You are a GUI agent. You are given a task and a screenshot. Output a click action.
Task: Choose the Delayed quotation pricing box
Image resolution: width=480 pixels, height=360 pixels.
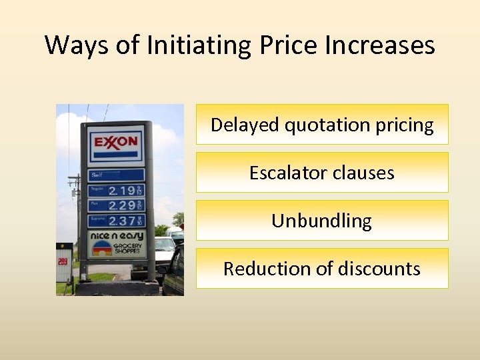(x=322, y=125)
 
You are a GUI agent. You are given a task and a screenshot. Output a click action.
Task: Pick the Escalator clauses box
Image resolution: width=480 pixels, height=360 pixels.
(x=322, y=173)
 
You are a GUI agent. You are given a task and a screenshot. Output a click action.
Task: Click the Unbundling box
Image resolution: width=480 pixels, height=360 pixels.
(x=322, y=221)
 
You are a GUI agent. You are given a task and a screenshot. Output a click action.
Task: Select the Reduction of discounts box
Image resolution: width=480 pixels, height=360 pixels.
(x=322, y=269)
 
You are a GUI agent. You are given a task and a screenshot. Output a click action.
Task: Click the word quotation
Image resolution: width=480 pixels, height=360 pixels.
(x=317, y=125)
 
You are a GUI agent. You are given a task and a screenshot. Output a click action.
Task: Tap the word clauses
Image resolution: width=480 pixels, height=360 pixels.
(x=364, y=173)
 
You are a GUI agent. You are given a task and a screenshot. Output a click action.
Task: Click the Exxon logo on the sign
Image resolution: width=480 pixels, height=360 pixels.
(x=116, y=142)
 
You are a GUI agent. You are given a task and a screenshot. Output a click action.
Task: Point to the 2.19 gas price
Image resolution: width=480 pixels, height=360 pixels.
(x=121, y=191)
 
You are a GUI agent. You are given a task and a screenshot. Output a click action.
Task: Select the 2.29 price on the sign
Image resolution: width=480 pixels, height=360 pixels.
(x=121, y=205)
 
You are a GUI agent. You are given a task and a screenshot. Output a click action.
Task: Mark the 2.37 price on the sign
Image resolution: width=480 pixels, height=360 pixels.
(x=121, y=221)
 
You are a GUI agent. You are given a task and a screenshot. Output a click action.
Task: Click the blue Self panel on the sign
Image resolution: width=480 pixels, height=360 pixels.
(x=116, y=175)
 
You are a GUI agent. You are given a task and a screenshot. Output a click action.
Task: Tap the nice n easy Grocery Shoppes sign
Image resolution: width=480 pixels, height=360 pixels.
(x=116, y=243)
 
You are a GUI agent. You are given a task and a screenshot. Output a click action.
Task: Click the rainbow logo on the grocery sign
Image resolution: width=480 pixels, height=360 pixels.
(x=102, y=248)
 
